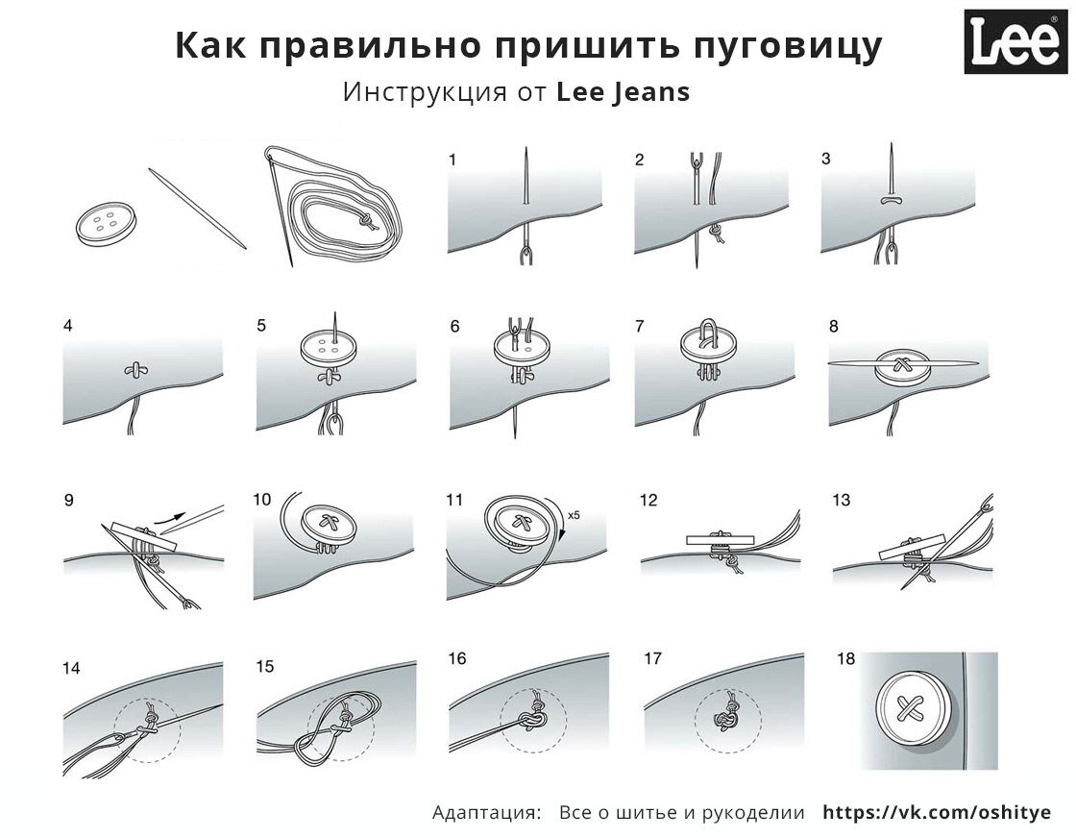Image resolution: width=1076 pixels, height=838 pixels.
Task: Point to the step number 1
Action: (452, 160)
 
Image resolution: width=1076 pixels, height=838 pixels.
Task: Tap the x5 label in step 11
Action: (574, 515)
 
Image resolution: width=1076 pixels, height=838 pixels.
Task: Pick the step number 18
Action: (845, 659)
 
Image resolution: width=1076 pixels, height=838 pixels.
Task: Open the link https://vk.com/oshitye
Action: (937, 812)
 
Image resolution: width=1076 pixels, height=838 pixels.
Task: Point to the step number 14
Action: (71, 667)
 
